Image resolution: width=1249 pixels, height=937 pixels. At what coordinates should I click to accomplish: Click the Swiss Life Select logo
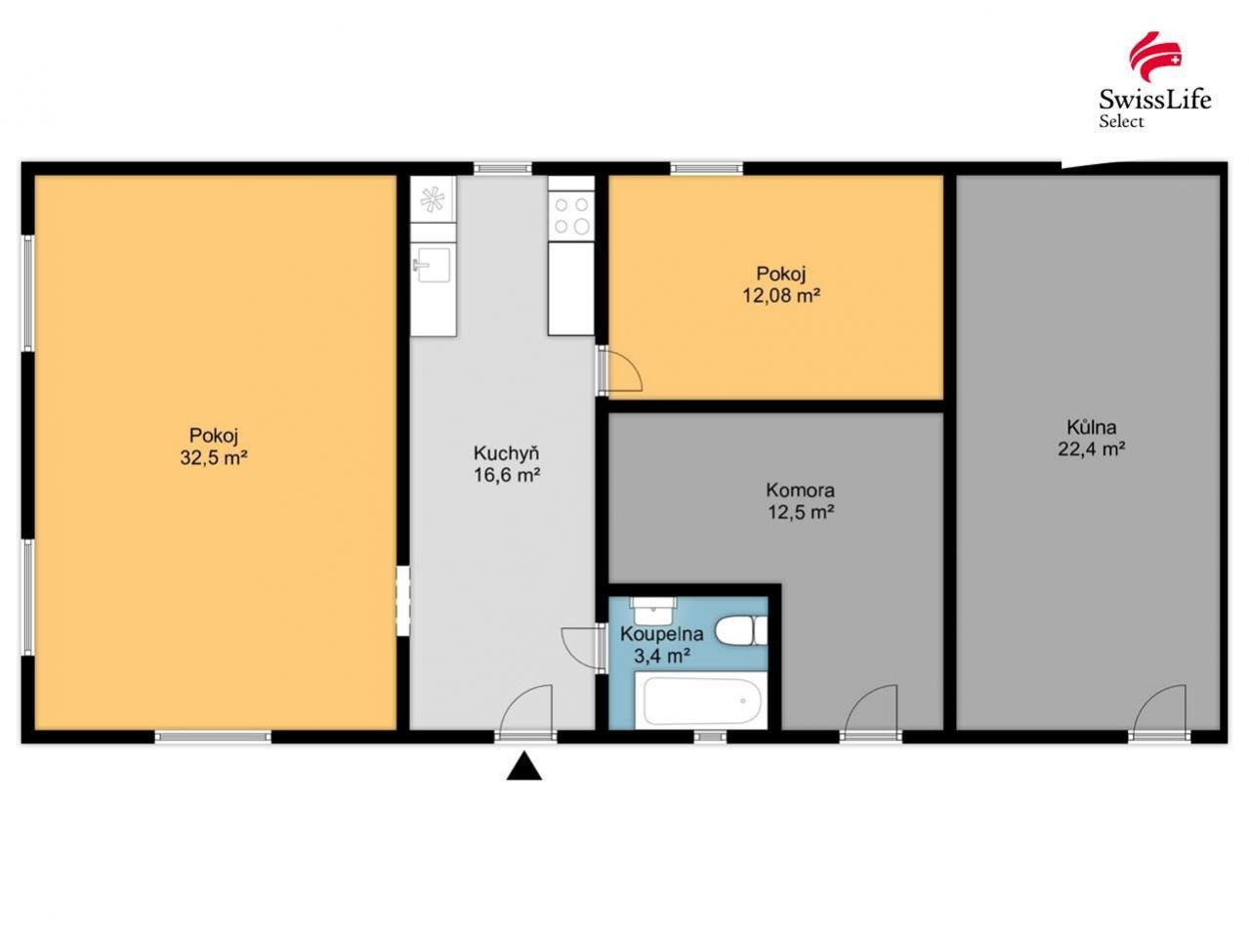pos(1154,80)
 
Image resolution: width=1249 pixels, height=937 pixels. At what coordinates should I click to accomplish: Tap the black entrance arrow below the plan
pos(524,766)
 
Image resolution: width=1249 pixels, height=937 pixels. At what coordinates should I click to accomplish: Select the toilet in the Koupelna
pos(741,631)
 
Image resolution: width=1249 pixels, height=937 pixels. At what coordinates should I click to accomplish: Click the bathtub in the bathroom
pos(702,701)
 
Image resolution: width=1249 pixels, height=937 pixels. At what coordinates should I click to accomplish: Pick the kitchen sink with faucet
pos(433,264)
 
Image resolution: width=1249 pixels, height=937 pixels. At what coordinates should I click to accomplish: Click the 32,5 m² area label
pos(214,457)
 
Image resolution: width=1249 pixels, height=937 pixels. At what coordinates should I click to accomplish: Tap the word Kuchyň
pos(506,453)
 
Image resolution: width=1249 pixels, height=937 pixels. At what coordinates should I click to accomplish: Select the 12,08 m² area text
pos(781,295)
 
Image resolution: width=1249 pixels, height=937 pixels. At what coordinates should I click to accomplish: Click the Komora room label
pos(800,490)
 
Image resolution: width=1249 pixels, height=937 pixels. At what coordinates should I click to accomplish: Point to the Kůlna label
pos(1092,427)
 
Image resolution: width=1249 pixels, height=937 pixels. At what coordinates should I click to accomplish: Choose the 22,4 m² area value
pos(1092,449)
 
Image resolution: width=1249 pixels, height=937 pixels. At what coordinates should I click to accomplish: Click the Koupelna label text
pos(662,633)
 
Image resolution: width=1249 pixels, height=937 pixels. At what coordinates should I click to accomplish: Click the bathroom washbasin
pos(652,610)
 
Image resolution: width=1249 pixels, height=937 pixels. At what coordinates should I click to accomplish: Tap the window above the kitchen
pos(503,168)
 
